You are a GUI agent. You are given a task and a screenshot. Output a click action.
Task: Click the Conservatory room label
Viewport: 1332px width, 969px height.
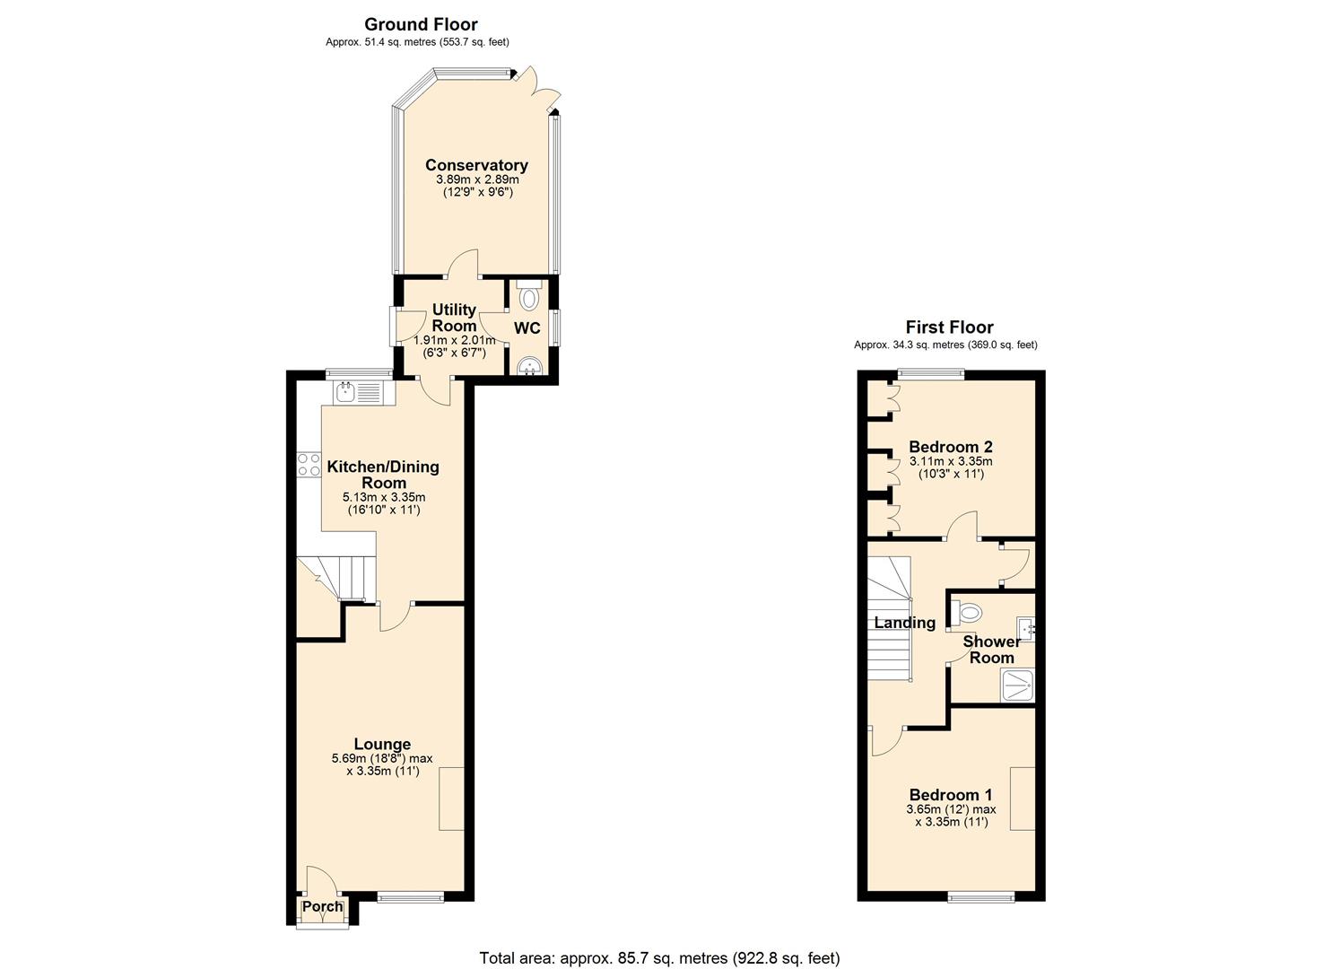click(476, 165)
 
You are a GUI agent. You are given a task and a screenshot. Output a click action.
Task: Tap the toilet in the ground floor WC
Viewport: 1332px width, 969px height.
click(530, 296)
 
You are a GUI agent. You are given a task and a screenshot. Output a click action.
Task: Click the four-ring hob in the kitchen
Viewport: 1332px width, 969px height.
click(309, 465)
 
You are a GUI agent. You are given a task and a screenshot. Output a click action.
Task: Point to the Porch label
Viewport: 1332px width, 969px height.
click(322, 906)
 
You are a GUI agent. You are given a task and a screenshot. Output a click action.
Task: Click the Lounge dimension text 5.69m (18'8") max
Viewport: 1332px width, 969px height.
click(382, 758)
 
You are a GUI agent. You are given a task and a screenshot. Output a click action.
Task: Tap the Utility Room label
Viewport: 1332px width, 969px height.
click(454, 318)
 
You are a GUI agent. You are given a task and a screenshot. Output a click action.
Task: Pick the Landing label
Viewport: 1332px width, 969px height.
click(905, 623)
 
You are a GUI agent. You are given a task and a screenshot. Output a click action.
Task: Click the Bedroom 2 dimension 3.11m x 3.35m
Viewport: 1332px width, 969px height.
click(951, 461)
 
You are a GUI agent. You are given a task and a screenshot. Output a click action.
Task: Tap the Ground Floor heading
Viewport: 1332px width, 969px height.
click(421, 24)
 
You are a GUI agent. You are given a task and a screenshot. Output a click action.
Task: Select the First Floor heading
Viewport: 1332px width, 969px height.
click(949, 327)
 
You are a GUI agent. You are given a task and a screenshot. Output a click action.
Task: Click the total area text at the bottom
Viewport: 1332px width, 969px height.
click(659, 958)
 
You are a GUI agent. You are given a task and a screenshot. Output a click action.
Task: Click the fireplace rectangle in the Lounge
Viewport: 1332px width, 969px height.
click(451, 799)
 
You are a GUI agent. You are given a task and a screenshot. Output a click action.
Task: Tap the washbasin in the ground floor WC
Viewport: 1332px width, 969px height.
click(530, 366)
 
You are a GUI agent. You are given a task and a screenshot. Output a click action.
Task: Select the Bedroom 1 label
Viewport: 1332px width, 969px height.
click(951, 795)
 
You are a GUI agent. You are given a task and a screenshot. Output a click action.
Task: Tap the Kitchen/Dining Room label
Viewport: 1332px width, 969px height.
click(383, 475)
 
